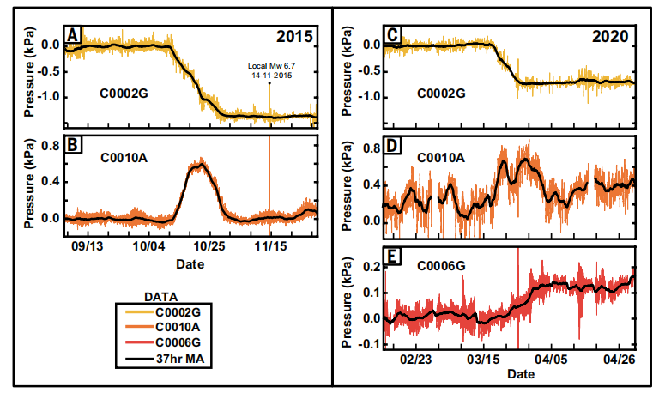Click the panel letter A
coord(74,34)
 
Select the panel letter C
coord(392,34)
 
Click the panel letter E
coord(392,255)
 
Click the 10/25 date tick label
coord(210,245)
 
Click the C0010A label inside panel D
coord(441,158)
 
